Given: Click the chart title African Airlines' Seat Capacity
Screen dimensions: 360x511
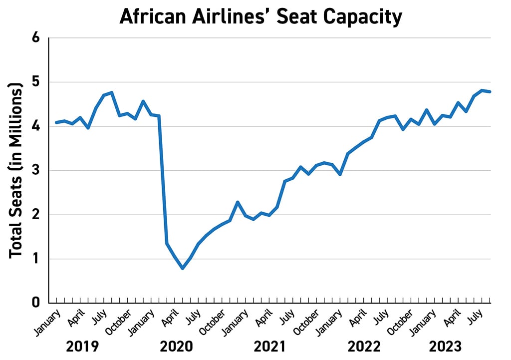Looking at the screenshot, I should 260,17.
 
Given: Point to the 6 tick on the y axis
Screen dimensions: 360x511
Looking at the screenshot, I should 36,38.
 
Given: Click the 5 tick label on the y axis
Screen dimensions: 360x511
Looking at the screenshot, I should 36,82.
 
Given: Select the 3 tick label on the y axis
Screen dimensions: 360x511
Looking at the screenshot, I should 36,171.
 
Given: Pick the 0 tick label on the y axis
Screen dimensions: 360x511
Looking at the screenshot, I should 36,303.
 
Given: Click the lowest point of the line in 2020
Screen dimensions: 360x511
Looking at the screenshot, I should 183,268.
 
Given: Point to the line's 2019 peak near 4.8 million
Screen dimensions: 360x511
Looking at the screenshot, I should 112,92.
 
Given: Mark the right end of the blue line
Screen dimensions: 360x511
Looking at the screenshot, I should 491,91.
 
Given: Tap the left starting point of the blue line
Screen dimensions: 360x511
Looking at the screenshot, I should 56,122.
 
